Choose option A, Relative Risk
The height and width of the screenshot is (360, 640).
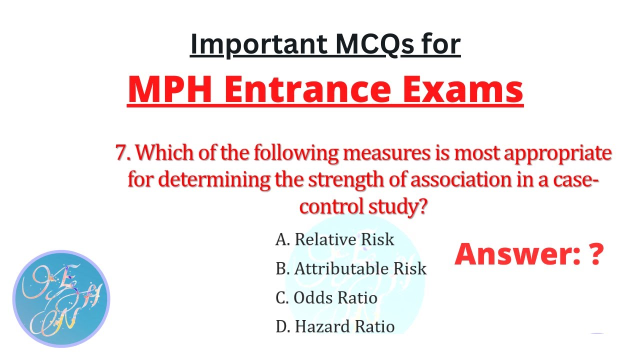[334, 239]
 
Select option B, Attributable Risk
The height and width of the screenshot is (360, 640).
[350, 268]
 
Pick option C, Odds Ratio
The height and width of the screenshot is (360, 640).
[326, 298]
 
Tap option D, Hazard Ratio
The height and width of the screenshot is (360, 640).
[334, 326]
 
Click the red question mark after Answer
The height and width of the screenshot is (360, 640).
[595, 254]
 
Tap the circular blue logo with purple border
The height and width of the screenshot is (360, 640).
[60, 299]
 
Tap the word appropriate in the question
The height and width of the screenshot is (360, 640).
[557, 153]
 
